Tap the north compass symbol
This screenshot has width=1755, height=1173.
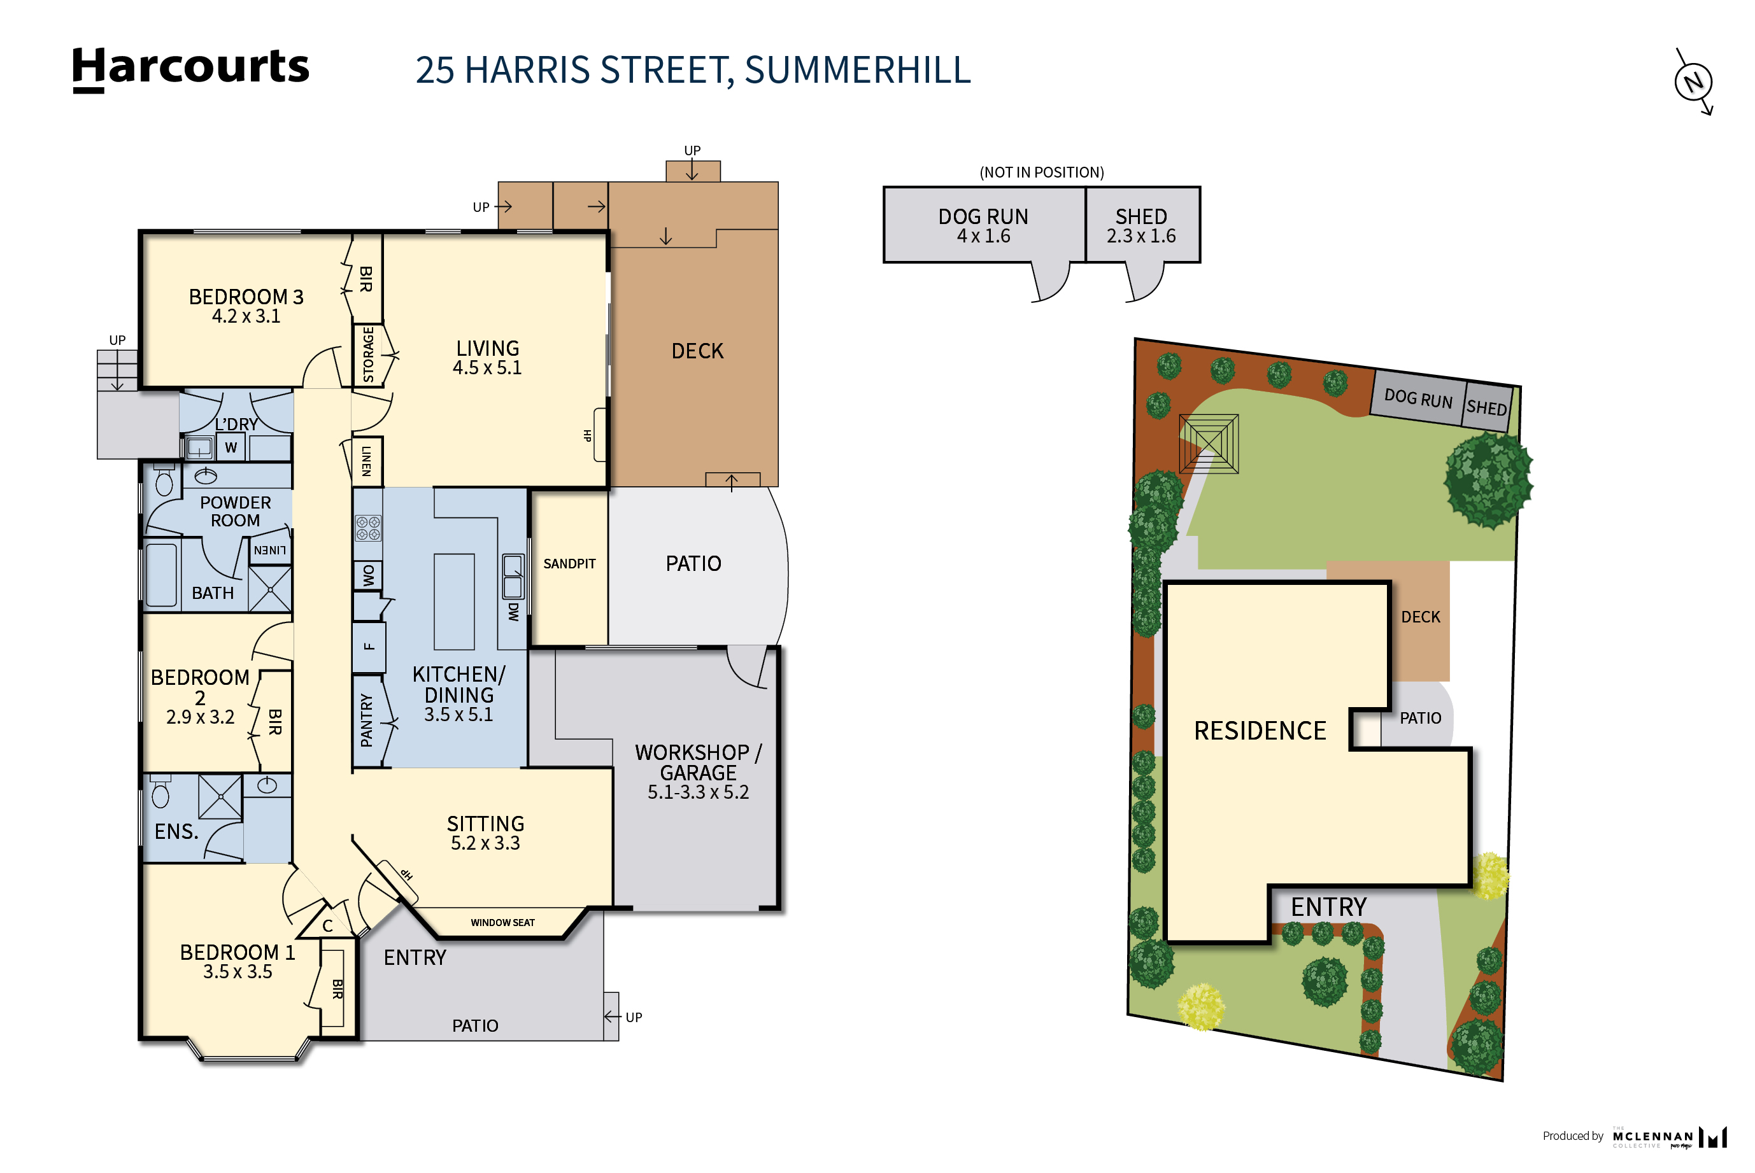(1693, 81)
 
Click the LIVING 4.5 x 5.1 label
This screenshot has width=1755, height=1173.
(487, 358)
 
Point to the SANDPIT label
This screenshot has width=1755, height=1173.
(569, 564)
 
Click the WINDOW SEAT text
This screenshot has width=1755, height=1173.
(502, 922)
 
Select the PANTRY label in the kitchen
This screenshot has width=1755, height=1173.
(367, 720)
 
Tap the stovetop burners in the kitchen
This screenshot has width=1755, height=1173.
(367, 528)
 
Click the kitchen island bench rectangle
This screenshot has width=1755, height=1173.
(453, 601)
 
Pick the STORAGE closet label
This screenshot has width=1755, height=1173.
(367, 355)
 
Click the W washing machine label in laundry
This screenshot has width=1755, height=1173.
(231, 447)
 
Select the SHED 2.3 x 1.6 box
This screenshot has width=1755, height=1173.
(1141, 225)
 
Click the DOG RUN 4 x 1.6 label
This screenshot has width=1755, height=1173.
(983, 225)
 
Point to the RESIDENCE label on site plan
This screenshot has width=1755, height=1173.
(1260, 731)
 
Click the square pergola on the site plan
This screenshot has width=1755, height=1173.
(1208, 444)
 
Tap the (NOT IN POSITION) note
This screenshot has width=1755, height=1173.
(1041, 172)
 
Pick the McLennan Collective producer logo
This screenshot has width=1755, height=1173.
(1669, 1137)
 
